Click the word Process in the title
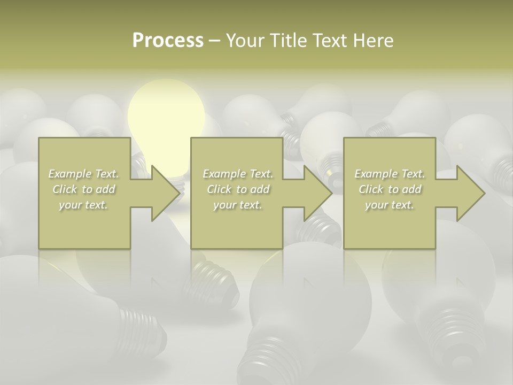168,41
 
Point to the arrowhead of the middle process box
317,193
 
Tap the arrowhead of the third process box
470,193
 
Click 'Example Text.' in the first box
84,174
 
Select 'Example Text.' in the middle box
238,174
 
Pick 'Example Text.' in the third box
390,174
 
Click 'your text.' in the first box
83,205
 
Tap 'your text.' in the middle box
237,205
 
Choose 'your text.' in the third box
389,205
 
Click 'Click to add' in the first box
84,189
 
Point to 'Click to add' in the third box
390,189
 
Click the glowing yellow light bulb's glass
166,115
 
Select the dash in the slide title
214,41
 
